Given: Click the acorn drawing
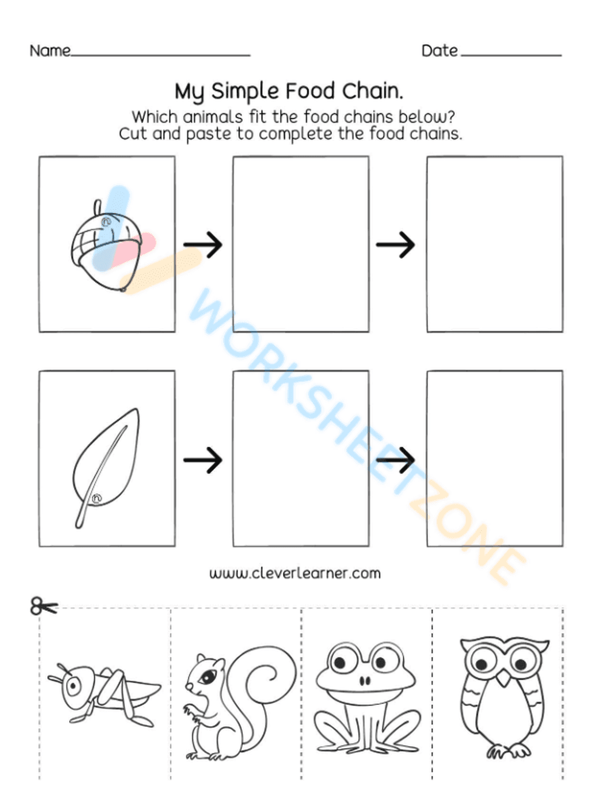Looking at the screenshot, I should pyautogui.click(x=106, y=246).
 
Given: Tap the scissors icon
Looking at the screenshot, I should pyautogui.click(x=42, y=605).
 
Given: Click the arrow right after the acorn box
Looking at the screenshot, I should pyautogui.click(x=203, y=244).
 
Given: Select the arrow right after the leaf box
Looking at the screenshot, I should pyautogui.click(x=203, y=459).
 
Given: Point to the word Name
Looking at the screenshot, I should pyautogui.click(x=50, y=50).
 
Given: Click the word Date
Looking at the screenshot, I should pyautogui.click(x=439, y=50).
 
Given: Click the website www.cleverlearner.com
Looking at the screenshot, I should pyautogui.click(x=295, y=573).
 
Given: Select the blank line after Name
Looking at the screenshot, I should pyautogui.click(x=161, y=55).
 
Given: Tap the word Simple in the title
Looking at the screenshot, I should pyautogui.click(x=245, y=92).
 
